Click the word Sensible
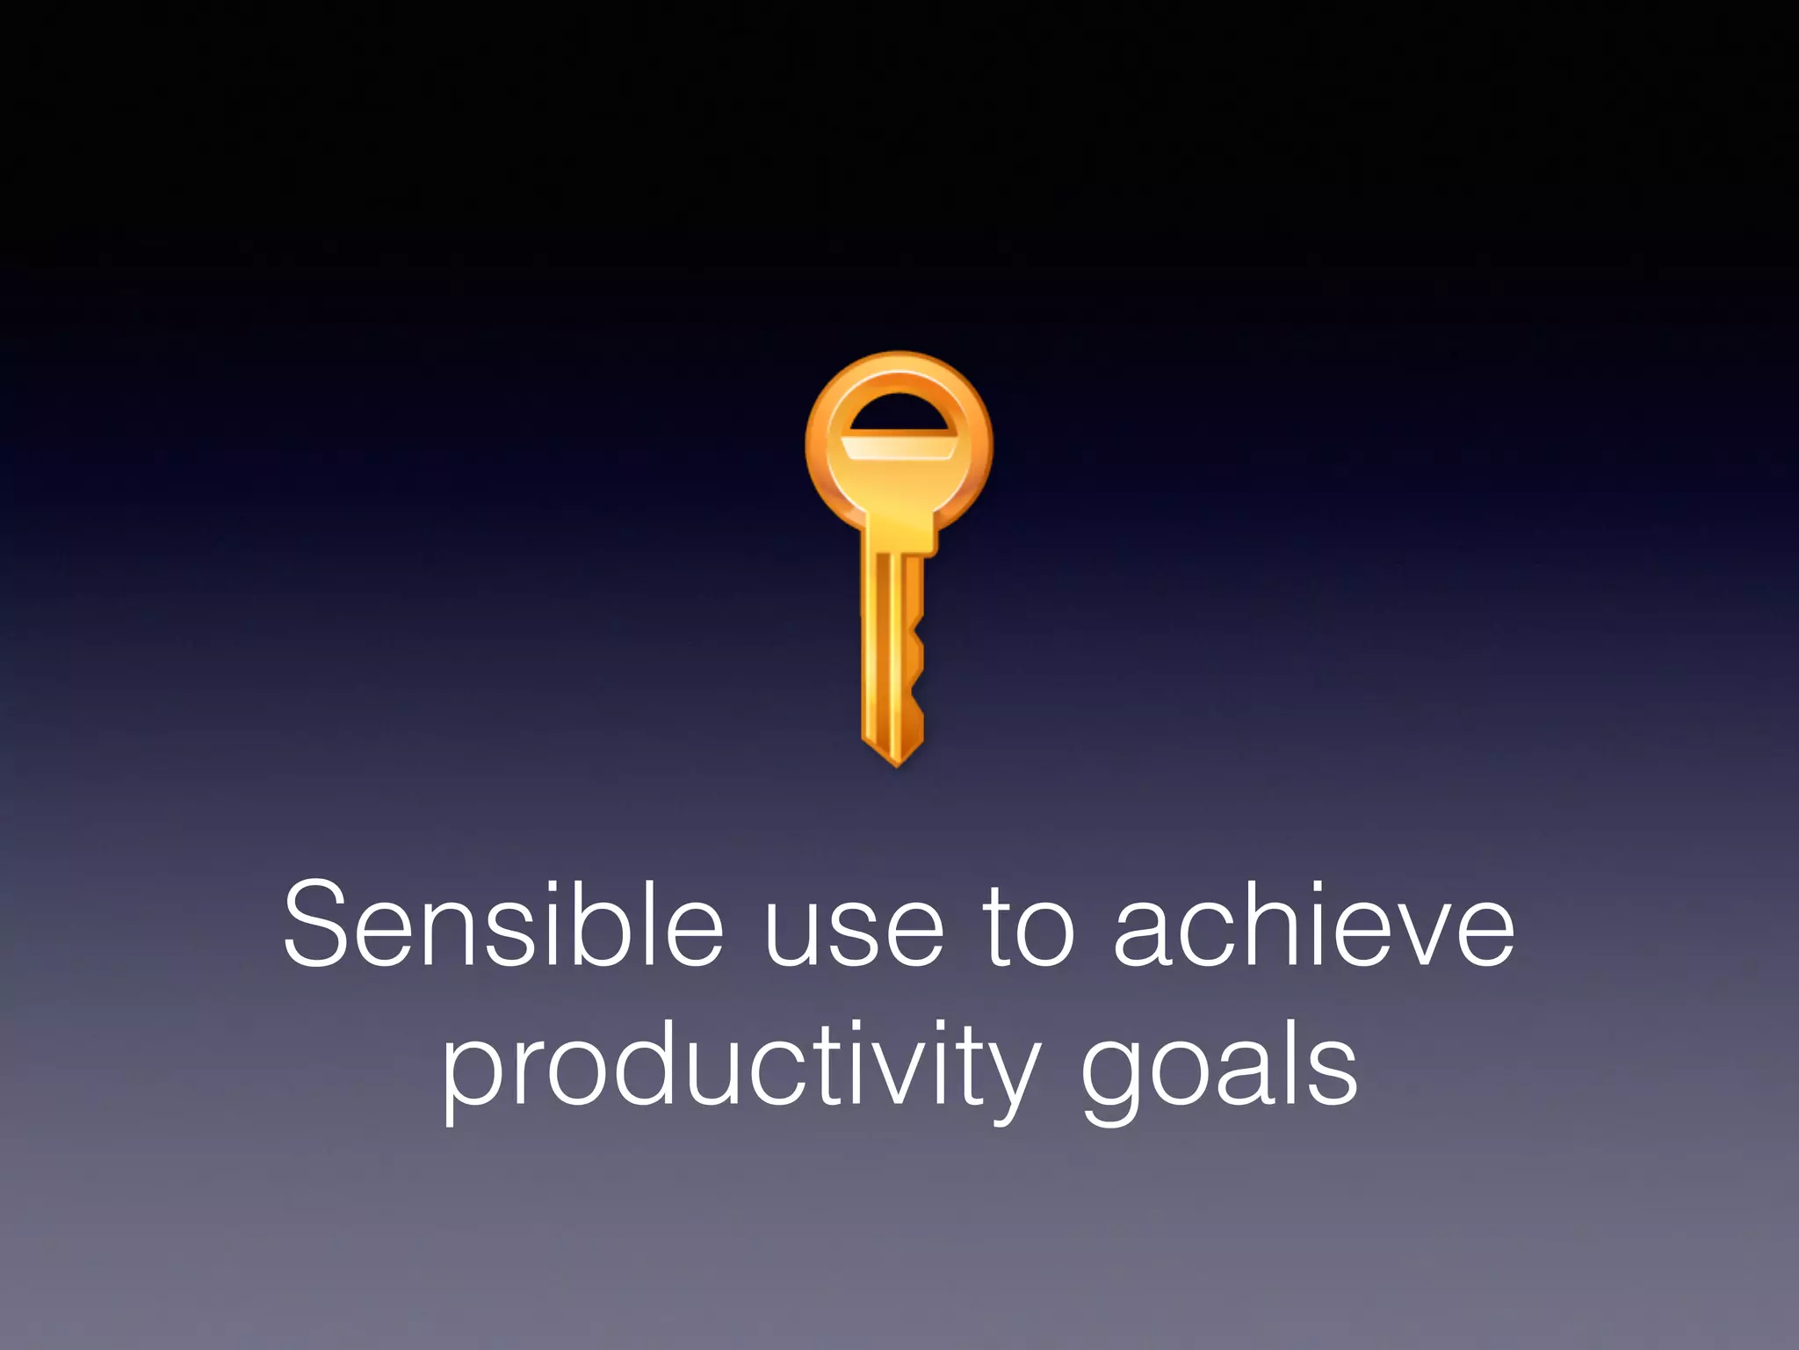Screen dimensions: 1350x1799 [502, 925]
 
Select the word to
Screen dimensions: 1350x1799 [1028, 927]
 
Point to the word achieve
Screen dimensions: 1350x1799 [1314, 925]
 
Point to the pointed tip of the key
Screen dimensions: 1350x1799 [896, 761]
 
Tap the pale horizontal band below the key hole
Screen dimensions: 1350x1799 [899, 446]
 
